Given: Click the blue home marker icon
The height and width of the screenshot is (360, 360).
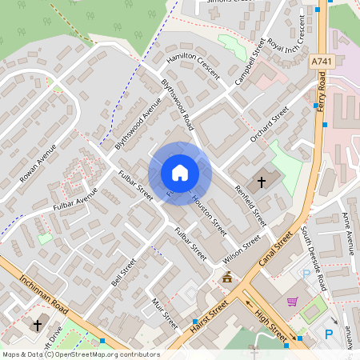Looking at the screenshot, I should pyautogui.click(x=179, y=173).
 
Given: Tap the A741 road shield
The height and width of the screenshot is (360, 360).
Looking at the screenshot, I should pyautogui.click(x=321, y=62).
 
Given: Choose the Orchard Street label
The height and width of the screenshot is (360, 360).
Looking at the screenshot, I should pyautogui.click(x=268, y=126).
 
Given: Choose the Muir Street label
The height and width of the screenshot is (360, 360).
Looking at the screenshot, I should pyautogui.click(x=164, y=312).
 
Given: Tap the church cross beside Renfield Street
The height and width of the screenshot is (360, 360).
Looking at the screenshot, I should pyautogui.click(x=262, y=182).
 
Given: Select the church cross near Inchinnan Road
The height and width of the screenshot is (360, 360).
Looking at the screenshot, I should pyautogui.click(x=37, y=326).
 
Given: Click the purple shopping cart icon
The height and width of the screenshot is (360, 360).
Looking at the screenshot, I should pyautogui.click(x=292, y=302).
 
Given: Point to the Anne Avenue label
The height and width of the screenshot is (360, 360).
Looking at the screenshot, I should pyautogui.click(x=348, y=230).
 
